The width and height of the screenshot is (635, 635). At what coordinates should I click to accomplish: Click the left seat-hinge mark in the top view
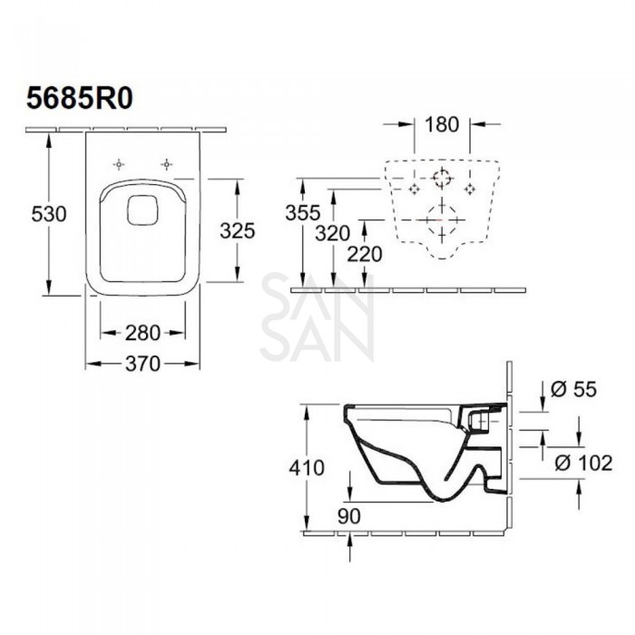pyautogui.click(x=118, y=164)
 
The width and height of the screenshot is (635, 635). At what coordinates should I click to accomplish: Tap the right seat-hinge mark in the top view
pyautogui.click(x=167, y=164)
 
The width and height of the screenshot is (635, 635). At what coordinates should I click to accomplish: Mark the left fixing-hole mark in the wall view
pyautogui.click(x=415, y=188)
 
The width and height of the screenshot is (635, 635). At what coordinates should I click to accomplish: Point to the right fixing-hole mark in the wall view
pyautogui.click(x=470, y=188)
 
